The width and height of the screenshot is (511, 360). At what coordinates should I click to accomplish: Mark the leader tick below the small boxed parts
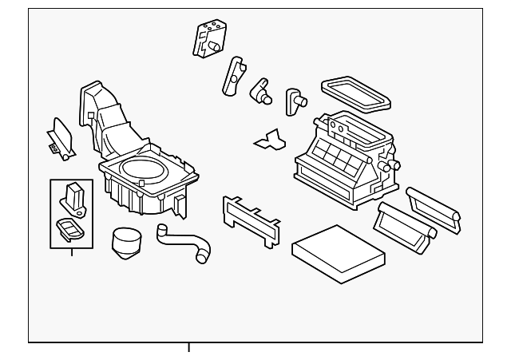(x=72, y=253)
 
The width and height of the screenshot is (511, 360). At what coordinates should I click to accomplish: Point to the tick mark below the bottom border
(x=189, y=347)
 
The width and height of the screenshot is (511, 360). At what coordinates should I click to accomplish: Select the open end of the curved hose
(x=202, y=257)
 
